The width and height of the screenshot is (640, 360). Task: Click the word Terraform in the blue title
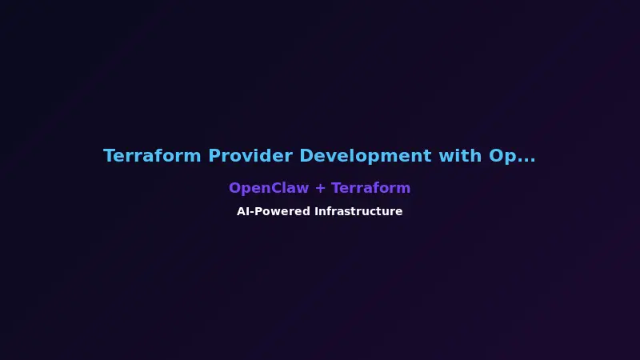point(152,156)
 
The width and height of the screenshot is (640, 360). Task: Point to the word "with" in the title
point(460,156)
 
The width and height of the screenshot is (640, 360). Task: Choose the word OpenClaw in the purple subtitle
point(268,188)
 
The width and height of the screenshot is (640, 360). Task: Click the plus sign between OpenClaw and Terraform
point(320,189)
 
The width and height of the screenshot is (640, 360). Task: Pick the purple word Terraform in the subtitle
point(370,188)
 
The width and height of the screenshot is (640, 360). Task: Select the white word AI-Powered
point(272,212)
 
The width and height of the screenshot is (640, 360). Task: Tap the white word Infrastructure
point(358,212)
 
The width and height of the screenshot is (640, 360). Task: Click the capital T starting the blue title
point(109,156)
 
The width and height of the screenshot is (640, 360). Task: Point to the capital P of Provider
point(214,156)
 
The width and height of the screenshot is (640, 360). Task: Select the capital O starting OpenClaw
point(234,188)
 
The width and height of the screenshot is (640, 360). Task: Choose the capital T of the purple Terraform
point(335,188)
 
